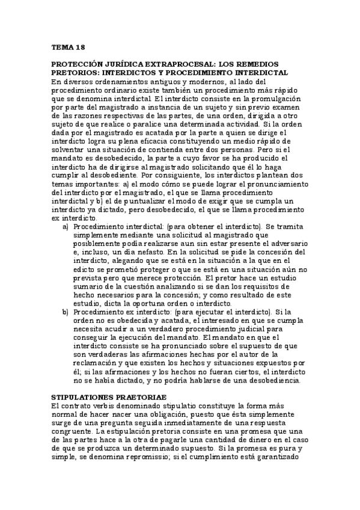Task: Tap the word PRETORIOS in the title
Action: click(75, 73)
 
